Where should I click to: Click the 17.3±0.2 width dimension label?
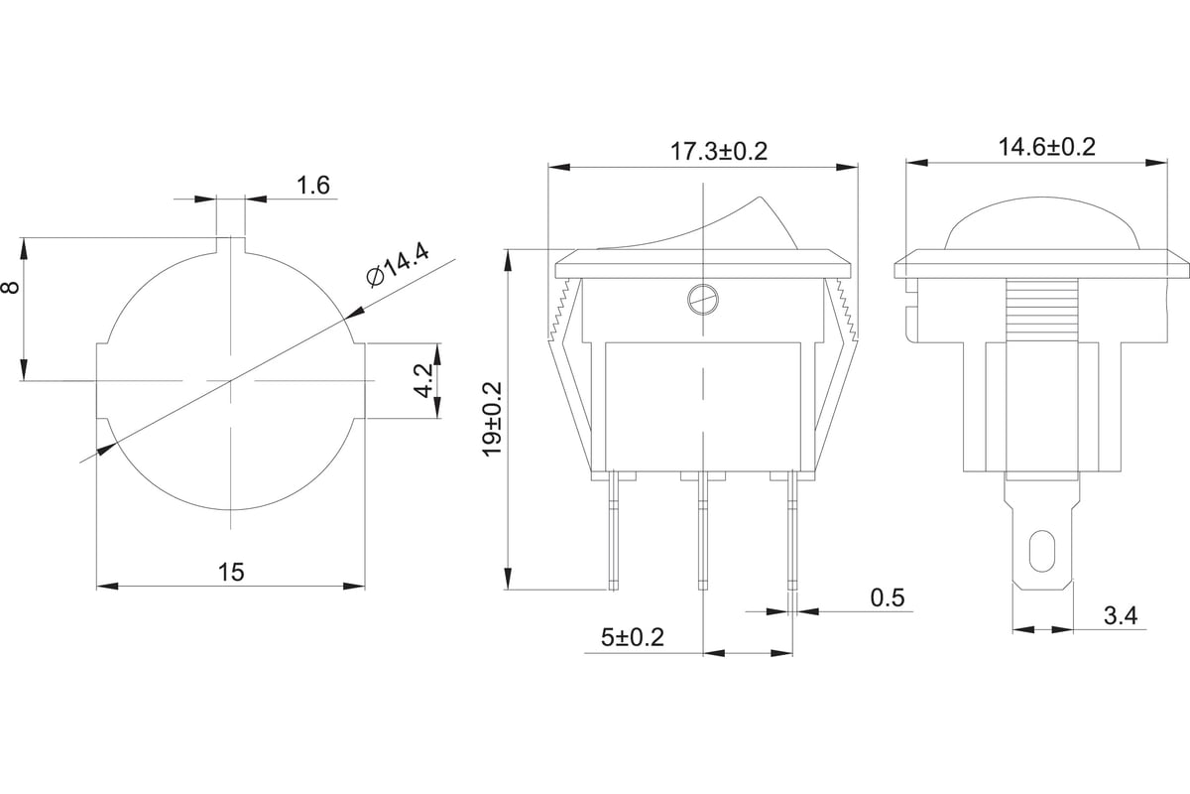click(x=719, y=152)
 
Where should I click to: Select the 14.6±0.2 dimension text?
click(x=1047, y=147)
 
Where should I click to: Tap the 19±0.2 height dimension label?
click(x=493, y=419)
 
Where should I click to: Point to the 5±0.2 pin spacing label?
click(x=633, y=637)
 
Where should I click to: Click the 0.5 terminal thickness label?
click(x=888, y=597)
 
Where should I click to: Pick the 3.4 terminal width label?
click(x=1121, y=615)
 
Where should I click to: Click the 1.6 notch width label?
click(x=313, y=185)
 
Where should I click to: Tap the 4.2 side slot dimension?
click(x=424, y=381)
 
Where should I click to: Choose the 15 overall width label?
click(x=231, y=573)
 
